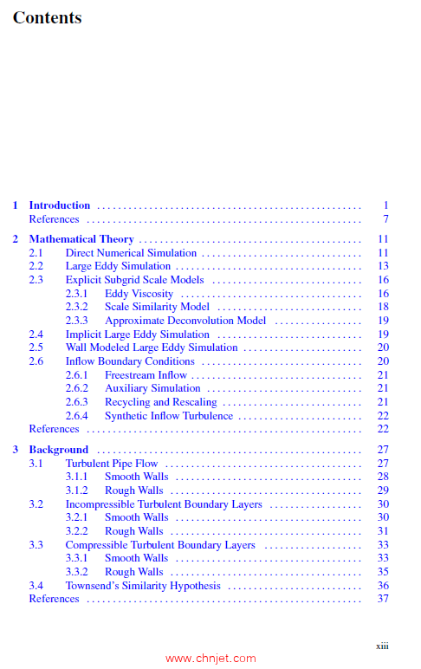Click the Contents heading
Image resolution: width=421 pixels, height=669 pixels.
pos(47,17)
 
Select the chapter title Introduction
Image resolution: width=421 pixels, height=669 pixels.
pos(59,205)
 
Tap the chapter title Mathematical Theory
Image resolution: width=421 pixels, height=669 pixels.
pos(81,239)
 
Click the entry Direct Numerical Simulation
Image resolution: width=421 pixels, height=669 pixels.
pos(131,253)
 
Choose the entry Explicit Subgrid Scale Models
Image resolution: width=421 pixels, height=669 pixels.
pos(134,280)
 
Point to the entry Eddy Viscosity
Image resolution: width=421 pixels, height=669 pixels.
pos(139,294)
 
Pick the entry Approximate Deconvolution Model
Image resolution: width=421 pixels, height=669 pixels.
pos(185,321)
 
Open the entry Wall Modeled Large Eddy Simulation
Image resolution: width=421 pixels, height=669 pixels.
pos(152,347)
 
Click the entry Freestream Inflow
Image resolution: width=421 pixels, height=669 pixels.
pos(146,375)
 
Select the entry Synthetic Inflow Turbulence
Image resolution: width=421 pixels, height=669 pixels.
pos(169,416)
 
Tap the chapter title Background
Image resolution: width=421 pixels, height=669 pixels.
pos(58,450)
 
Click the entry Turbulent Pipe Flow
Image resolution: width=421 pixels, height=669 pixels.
pos(112,464)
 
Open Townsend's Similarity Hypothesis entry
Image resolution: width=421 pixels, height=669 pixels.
pos(143,586)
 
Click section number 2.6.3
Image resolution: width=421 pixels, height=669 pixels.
pos(76,402)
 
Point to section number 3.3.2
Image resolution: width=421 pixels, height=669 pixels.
pos(76,572)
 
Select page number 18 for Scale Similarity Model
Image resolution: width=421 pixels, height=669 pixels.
pos(383,307)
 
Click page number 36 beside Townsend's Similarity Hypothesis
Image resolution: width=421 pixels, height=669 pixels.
pos(383,586)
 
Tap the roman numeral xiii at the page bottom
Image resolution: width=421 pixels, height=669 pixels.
pos(382,646)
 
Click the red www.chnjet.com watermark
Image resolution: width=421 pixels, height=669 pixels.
pos(210,659)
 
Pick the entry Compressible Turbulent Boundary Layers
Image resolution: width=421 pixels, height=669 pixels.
pos(160,545)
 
